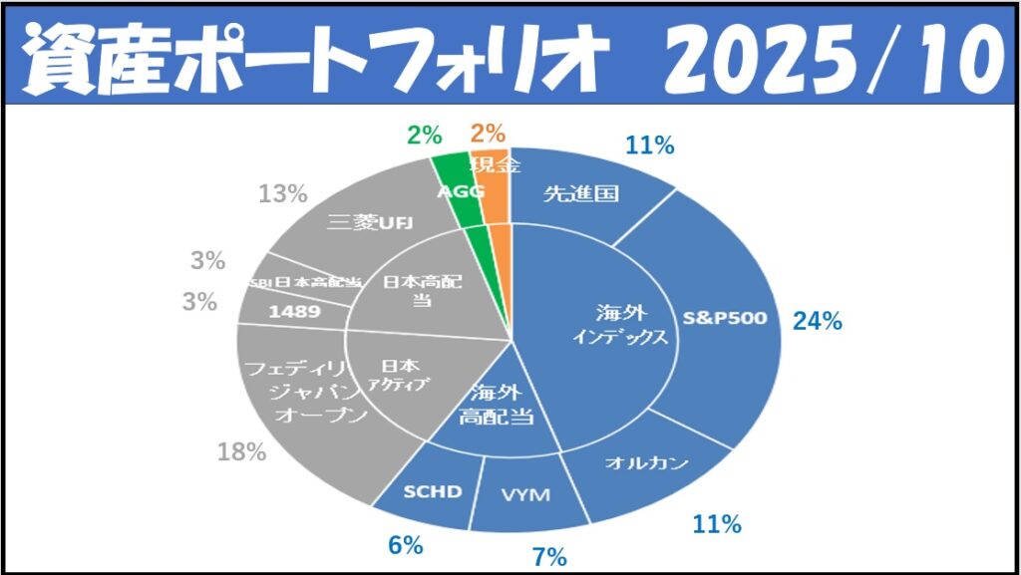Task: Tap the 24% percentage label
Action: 818,321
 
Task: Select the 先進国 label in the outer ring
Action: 581,193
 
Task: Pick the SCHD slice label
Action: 433,491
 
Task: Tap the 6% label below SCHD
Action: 407,545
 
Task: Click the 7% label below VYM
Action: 549,556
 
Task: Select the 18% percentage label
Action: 241,451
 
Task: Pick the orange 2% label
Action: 488,133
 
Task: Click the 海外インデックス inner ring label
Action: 619,323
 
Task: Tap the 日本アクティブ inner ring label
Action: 403,375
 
